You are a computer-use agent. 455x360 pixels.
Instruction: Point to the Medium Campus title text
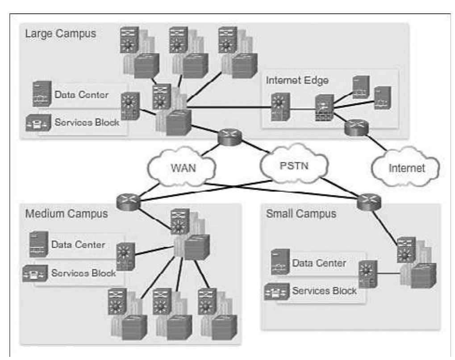pyautogui.click(x=67, y=213)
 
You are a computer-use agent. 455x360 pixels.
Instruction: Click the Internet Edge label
pyautogui.click(x=294, y=81)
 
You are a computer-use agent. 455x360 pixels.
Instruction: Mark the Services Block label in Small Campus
pyautogui.click(x=324, y=290)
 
